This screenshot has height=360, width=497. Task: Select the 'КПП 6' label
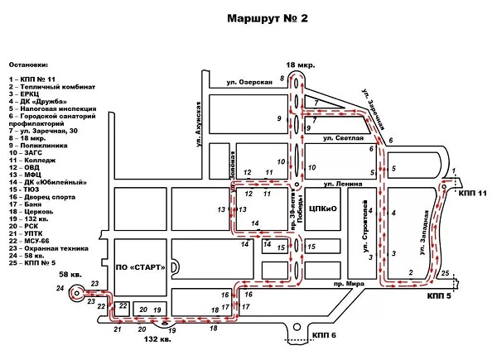(325, 334)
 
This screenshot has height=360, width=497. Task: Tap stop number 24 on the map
(59, 287)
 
